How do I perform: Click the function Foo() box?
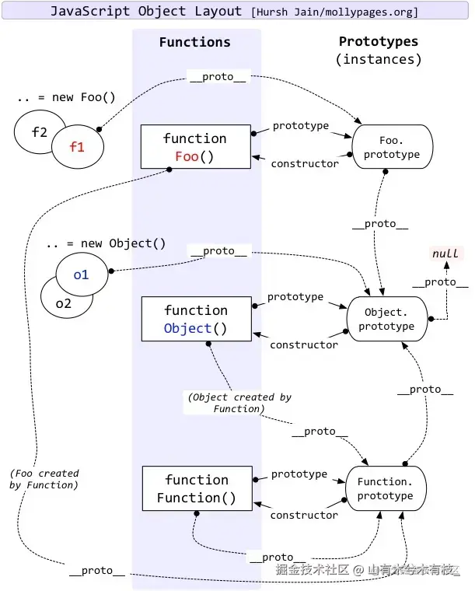coord(195,147)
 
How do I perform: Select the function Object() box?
coord(196,319)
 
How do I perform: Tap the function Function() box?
coord(197,488)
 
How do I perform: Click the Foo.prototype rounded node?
coord(392,147)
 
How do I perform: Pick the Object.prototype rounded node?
coord(387,319)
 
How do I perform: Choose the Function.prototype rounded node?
coord(386,488)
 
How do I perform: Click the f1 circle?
coord(78,147)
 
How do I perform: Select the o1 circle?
coord(82,275)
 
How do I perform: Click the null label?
coord(445,254)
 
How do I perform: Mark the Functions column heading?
coord(195,42)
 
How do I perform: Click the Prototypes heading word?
coord(379,41)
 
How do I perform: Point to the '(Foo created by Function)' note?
coord(44,479)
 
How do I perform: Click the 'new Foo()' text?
coord(83,97)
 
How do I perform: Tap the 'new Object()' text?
coord(123,243)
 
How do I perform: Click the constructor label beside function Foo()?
coord(305,163)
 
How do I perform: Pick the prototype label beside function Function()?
coord(299,474)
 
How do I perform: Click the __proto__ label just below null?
coord(440,282)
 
